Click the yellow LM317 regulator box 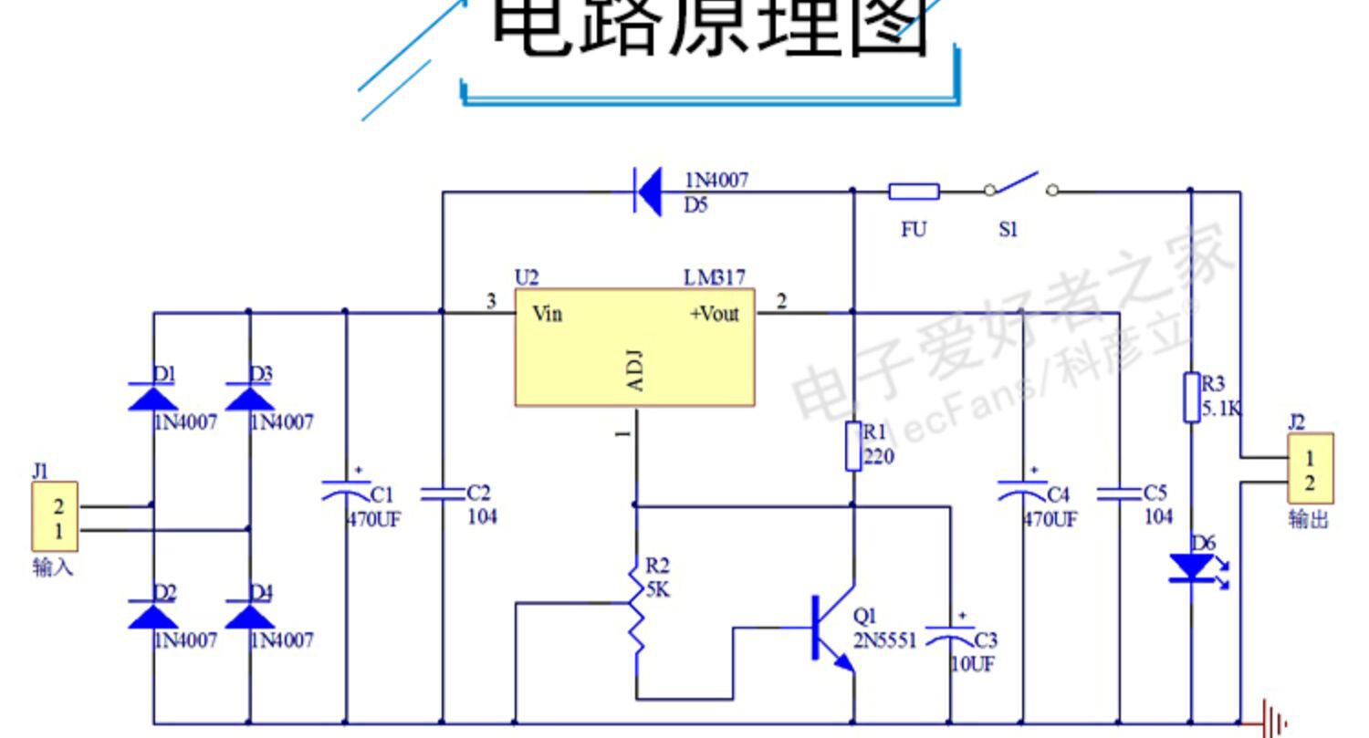(634, 347)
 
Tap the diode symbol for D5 (649, 192)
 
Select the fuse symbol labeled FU (914, 192)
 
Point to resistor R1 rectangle (853, 445)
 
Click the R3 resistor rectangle (1191, 397)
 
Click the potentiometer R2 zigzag (636, 607)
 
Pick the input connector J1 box (56, 516)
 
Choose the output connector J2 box (1310, 469)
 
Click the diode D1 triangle (152, 396)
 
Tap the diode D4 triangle (249, 616)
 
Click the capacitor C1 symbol (346, 493)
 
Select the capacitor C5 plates (1119, 494)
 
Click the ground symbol (1272, 721)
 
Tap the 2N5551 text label (884, 640)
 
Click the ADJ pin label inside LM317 (635, 369)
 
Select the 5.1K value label (1221, 409)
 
